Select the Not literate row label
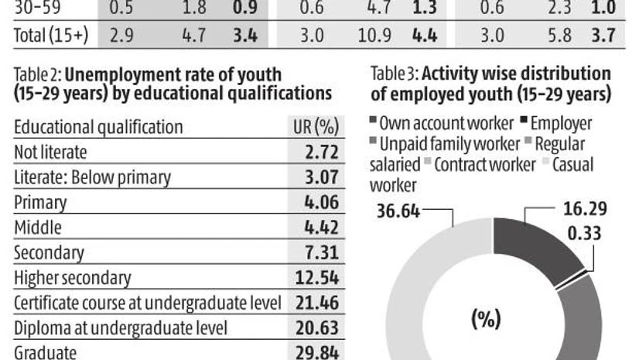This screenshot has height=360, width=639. (51, 153)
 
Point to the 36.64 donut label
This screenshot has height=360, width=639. (394, 209)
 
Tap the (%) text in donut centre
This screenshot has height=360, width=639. (486, 319)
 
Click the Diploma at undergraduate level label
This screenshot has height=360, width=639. (121, 327)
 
